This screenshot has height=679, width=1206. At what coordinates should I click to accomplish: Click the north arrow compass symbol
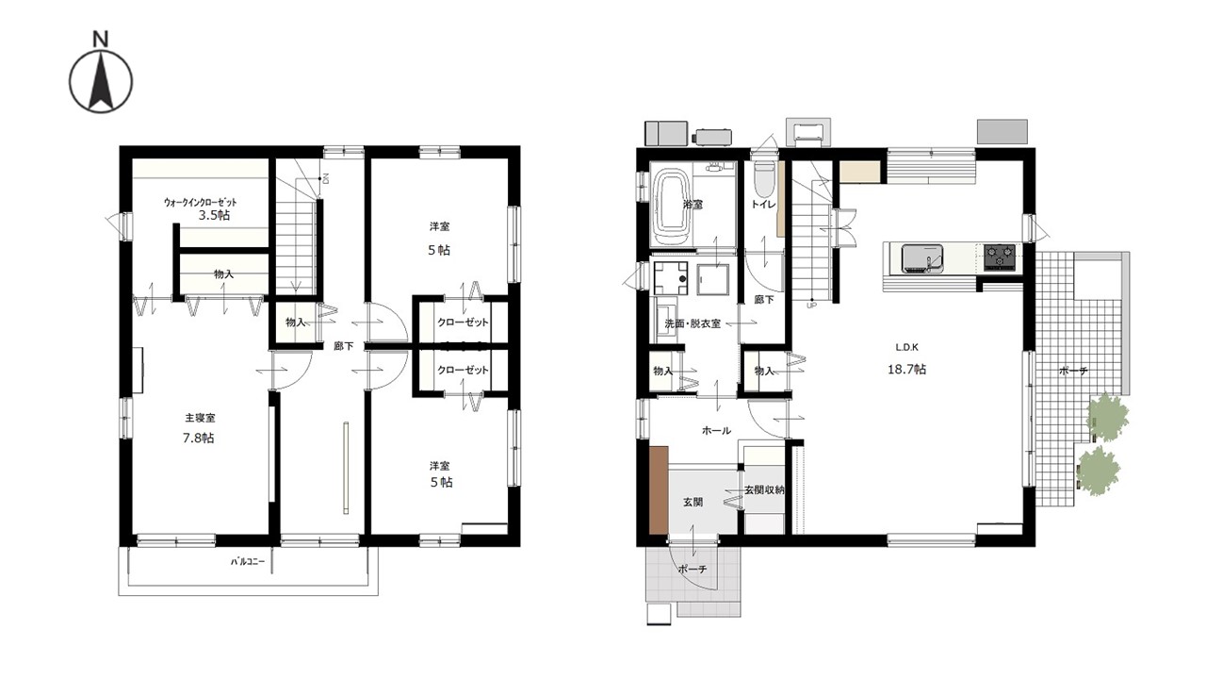(x=101, y=82)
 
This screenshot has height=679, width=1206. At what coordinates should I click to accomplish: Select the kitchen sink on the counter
(x=921, y=258)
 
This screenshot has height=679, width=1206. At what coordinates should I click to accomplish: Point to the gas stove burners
(x=1000, y=257)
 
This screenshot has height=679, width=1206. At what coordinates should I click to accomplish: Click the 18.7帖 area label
(x=906, y=370)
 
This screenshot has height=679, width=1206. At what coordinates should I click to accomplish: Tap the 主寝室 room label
(x=201, y=418)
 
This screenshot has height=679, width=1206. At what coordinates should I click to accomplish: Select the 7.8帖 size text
(x=198, y=439)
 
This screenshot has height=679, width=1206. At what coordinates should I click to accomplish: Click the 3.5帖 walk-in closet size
(x=214, y=216)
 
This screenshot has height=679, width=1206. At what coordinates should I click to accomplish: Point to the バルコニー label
(x=248, y=561)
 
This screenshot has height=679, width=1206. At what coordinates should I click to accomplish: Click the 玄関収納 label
(x=764, y=490)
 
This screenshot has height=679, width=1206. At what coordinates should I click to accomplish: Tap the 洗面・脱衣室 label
(x=693, y=323)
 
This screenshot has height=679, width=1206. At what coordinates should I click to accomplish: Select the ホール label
(x=717, y=431)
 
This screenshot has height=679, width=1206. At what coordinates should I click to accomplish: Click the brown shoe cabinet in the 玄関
(x=659, y=490)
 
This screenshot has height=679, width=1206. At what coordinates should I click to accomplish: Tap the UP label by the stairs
(x=811, y=305)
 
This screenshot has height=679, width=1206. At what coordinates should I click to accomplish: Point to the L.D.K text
(x=906, y=348)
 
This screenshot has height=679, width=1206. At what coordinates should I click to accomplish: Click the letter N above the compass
(x=101, y=39)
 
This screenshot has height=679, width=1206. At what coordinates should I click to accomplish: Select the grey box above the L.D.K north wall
(x=1002, y=132)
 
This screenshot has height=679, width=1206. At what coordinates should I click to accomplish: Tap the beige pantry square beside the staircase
(x=860, y=172)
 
